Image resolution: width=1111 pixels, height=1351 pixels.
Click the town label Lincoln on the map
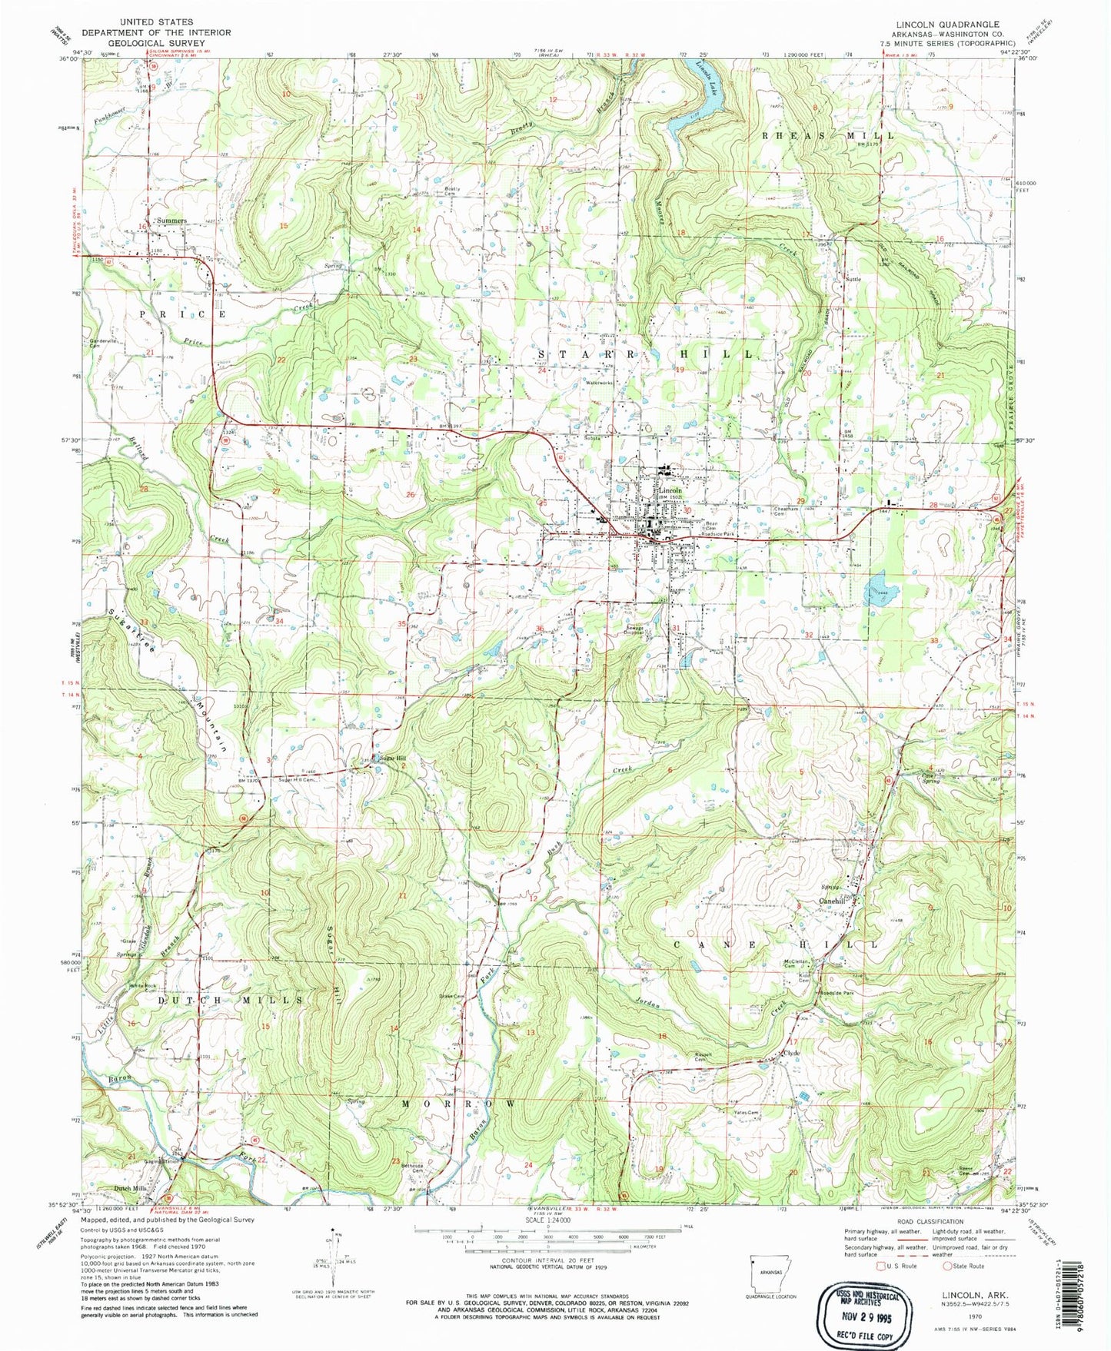tap(670, 490)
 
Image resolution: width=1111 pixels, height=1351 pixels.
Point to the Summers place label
tap(171, 221)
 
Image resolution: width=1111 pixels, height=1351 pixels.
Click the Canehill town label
tap(833, 901)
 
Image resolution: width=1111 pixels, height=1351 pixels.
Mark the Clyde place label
tap(791, 1053)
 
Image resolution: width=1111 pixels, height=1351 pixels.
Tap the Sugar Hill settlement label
tap(389, 758)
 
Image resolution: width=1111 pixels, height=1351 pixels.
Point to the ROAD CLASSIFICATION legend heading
tap(930, 1221)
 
